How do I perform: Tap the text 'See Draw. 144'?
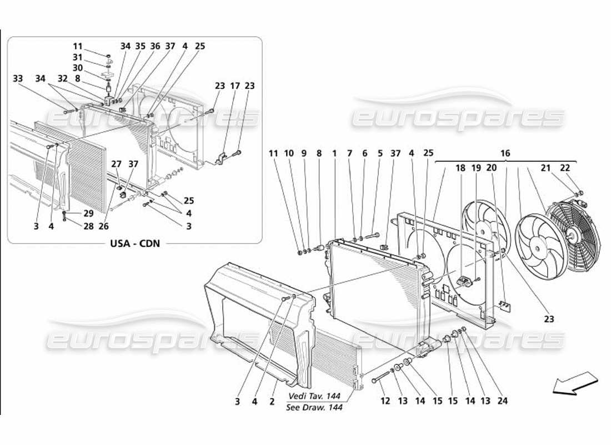[x=314, y=407]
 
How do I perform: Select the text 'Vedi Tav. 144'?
[x=314, y=397]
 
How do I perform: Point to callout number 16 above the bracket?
[x=505, y=152]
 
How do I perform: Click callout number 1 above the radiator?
[x=334, y=152]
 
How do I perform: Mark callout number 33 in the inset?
[x=18, y=78]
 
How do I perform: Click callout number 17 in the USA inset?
[x=236, y=86]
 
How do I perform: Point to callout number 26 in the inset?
[x=102, y=226]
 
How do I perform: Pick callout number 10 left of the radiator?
[x=288, y=152]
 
